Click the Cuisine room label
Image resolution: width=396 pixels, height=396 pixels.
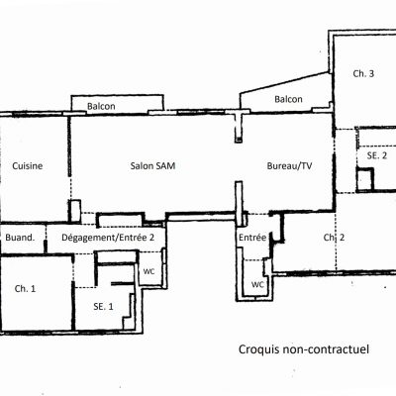click(28, 165)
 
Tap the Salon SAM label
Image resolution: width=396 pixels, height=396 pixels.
click(152, 165)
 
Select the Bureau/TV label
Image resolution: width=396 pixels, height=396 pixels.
click(289, 166)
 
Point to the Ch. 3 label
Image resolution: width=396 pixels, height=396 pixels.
click(363, 73)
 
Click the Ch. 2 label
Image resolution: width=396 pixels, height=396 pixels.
click(334, 238)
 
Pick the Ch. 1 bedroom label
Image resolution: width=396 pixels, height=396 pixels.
click(25, 289)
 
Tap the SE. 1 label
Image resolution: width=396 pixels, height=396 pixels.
click(103, 307)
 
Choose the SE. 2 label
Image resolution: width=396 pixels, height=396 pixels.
click(377, 155)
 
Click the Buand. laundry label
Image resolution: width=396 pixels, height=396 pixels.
click(20, 238)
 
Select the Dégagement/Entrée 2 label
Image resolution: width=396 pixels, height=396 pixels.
click(108, 238)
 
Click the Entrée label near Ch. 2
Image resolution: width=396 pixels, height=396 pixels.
click(252, 238)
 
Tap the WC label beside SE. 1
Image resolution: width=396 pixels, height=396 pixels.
click(148, 271)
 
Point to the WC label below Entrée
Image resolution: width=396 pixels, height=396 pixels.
click(257, 284)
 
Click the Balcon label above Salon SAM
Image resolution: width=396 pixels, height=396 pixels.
click(101, 106)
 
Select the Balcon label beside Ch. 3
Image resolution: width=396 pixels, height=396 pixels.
click(288, 99)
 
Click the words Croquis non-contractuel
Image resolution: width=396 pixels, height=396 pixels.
click(304, 349)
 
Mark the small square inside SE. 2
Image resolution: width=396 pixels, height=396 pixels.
click(365, 179)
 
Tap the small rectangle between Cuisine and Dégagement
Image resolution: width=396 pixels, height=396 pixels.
click(74, 211)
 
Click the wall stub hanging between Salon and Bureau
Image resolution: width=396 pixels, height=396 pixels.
click(239, 127)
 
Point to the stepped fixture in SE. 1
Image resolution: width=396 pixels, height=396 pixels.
click(130, 312)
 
